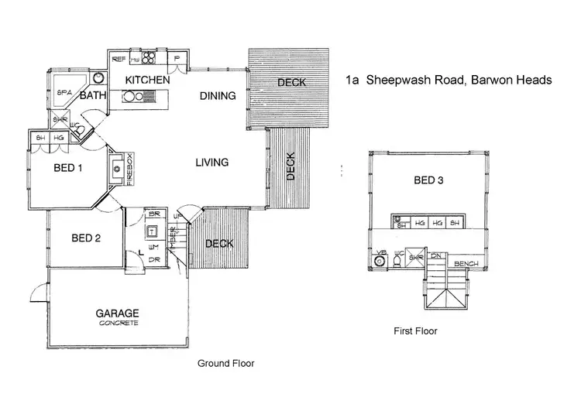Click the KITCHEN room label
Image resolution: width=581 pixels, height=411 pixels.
[x=147, y=80]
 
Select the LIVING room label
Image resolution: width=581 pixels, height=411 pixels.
[x=211, y=163]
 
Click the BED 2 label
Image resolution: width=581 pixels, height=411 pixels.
[x=86, y=238]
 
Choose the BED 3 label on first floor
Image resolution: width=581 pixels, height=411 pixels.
[x=429, y=180]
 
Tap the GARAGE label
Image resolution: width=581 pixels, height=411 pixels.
[x=117, y=313]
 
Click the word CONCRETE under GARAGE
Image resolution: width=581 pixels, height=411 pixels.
[x=118, y=324]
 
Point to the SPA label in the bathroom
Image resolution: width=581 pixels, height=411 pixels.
[x=65, y=92]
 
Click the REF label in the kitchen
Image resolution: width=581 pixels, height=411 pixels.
[x=119, y=59]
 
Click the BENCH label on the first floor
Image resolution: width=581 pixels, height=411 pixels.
[x=466, y=263]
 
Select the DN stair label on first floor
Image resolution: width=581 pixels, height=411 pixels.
[x=436, y=255]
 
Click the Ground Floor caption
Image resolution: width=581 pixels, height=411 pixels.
[x=225, y=362]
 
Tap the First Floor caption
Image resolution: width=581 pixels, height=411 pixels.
[x=416, y=331]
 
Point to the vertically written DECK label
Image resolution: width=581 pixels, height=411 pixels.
[x=290, y=166]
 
